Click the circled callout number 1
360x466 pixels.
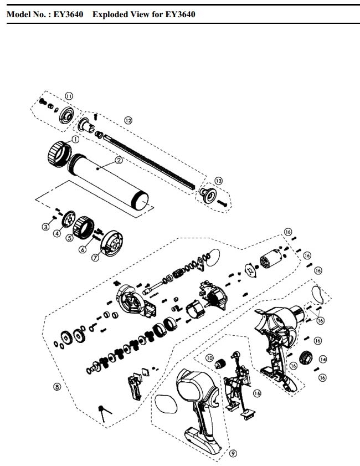(x=75, y=139)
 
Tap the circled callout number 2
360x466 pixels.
(x=118, y=161)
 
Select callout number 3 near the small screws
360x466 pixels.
(x=46, y=226)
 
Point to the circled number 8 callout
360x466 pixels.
(x=56, y=387)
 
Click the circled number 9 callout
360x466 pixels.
(x=233, y=453)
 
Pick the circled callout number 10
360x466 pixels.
(x=209, y=358)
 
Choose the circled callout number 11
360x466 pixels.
(x=69, y=96)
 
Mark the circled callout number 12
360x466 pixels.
(x=128, y=120)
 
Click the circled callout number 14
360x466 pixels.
(x=323, y=359)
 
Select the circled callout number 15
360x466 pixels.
(x=256, y=393)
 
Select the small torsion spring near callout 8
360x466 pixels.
(x=104, y=411)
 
